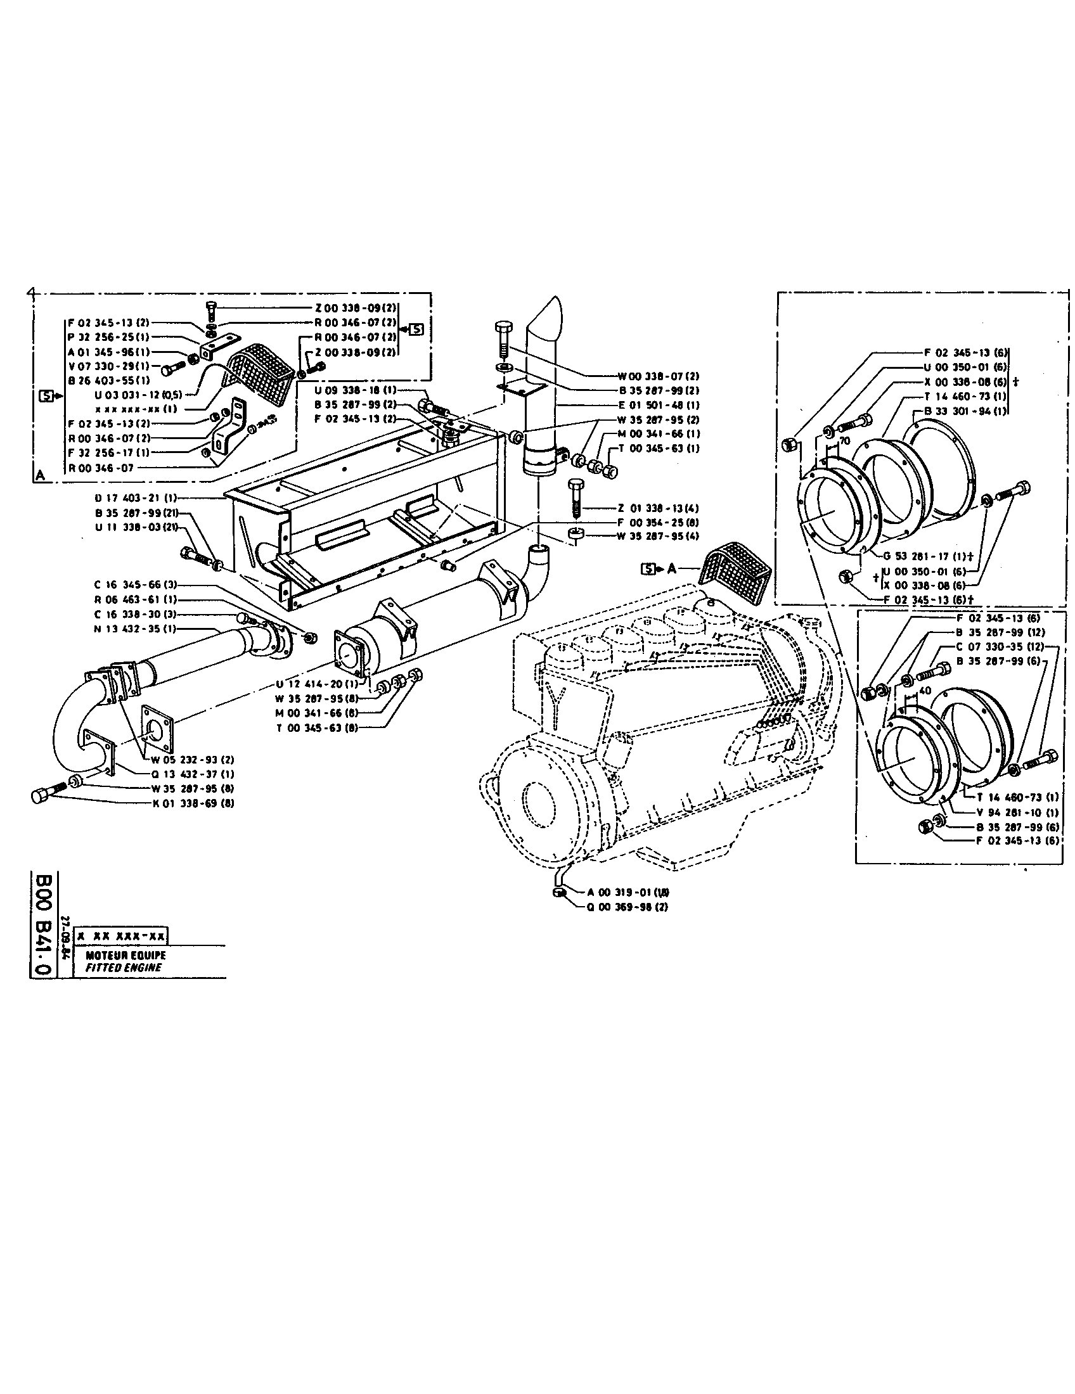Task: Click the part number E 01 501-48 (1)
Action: pos(659,405)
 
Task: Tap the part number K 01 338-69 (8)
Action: pos(193,803)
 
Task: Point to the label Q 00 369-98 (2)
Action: pos(627,906)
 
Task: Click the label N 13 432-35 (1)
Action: pos(135,629)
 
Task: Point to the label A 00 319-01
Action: pos(624,892)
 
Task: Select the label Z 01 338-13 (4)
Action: pos(657,508)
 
